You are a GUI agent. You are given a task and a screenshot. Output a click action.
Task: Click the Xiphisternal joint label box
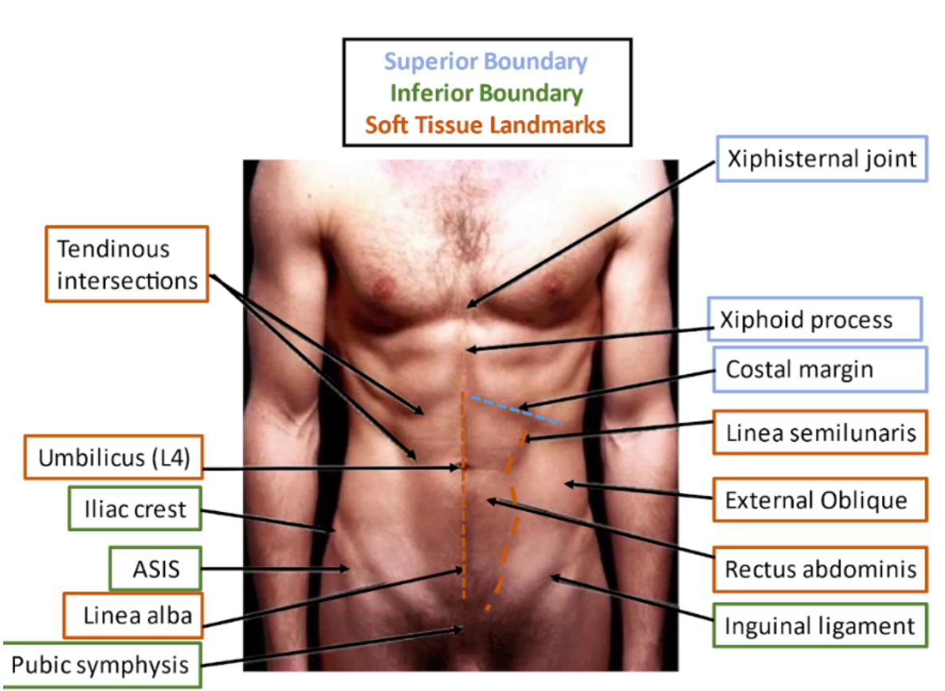point(821,159)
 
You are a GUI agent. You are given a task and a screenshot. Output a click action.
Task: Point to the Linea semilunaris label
point(821,433)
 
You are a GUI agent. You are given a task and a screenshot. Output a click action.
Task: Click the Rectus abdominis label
point(821,569)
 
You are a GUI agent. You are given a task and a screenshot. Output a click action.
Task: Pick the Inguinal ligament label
point(820,626)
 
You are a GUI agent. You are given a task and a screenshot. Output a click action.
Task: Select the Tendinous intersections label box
point(127,264)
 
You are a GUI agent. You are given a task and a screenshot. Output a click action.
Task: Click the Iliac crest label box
point(135,509)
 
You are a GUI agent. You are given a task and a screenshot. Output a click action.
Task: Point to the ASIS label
point(155,568)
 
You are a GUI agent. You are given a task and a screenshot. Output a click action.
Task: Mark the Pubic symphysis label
point(100,665)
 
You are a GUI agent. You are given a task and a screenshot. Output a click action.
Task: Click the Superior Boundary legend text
point(486,61)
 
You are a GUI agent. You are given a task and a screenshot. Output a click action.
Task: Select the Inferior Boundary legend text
point(486,93)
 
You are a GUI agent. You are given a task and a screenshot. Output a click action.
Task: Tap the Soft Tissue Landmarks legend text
point(486,125)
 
